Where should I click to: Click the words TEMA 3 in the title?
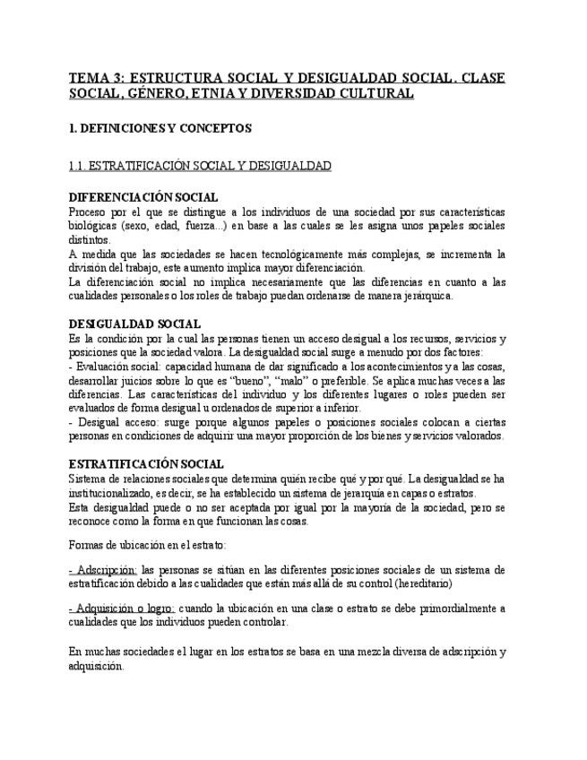point(96,78)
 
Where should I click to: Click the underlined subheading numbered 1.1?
point(200,166)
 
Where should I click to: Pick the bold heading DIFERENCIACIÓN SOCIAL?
point(143,197)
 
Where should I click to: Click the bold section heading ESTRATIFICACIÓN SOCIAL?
point(146,463)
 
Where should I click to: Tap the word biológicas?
point(91,226)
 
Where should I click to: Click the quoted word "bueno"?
point(263,380)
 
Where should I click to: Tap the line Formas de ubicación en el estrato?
point(147,544)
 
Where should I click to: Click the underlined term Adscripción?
point(103,569)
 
